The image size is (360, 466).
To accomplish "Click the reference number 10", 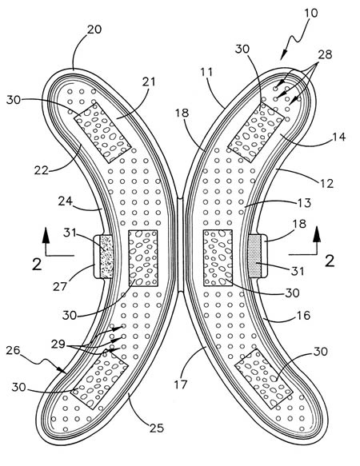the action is point(310,13).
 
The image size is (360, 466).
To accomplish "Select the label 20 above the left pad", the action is point(94,29).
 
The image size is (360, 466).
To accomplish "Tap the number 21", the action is point(149,82).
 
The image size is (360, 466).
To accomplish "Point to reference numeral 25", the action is point(157,428).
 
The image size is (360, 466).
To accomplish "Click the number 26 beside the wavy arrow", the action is point(13,350).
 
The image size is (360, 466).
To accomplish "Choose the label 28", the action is point(325,54).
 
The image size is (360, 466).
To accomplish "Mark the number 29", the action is point(58,345).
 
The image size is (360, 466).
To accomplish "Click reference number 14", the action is point(338,137).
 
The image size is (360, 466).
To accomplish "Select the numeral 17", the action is point(180,384).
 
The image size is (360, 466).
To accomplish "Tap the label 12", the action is point(327,184).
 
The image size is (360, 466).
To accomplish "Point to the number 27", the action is point(60,287).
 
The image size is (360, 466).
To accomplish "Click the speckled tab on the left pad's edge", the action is point(107,257).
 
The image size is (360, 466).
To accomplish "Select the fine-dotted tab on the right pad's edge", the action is point(254,256).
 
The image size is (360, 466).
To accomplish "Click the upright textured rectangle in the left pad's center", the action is point(143,258).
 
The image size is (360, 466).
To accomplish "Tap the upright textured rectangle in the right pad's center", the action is point(218,257).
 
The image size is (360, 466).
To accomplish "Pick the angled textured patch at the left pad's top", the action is point(102,133).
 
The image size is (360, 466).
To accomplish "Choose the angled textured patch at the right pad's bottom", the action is point(264,378).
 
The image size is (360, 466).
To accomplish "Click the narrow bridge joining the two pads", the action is point(180,244).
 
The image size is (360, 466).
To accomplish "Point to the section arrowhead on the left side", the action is point(46,234).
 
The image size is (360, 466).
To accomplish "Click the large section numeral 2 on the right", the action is point(330,261).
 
